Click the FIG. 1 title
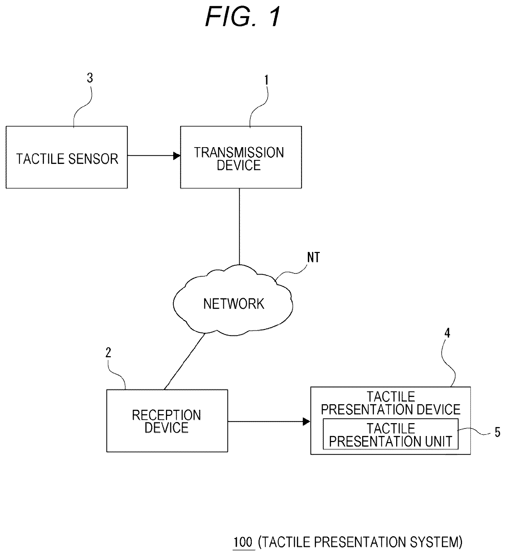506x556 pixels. click(x=243, y=17)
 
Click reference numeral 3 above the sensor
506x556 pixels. click(x=90, y=78)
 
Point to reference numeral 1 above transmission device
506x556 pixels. click(x=266, y=80)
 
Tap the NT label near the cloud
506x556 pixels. click(x=313, y=258)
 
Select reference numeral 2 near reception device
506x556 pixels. click(x=108, y=352)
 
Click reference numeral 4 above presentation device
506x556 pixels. click(x=447, y=333)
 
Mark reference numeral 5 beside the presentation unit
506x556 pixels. click(x=497, y=432)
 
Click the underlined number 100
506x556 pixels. click(x=243, y=542)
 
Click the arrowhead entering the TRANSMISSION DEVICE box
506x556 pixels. click(x=177, y=156)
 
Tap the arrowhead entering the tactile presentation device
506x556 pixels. click(x=307, y=422)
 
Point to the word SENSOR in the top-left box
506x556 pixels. click(x=93, y=159)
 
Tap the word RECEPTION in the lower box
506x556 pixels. click(x=167, y=415)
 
